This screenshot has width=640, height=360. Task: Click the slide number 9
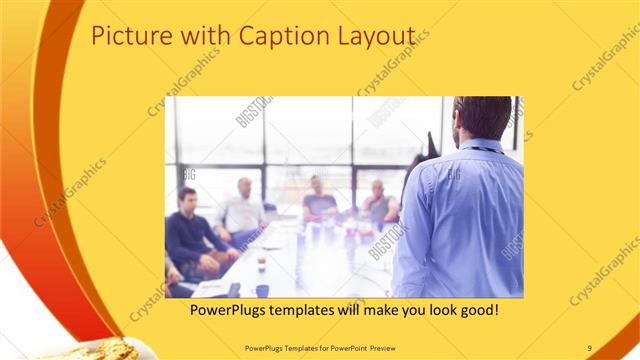coord(589,347)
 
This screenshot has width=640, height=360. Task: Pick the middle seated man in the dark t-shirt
coord(319,200)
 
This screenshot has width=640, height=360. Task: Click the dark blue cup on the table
coord(262,291)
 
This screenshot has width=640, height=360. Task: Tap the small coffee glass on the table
coord(261,263)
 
